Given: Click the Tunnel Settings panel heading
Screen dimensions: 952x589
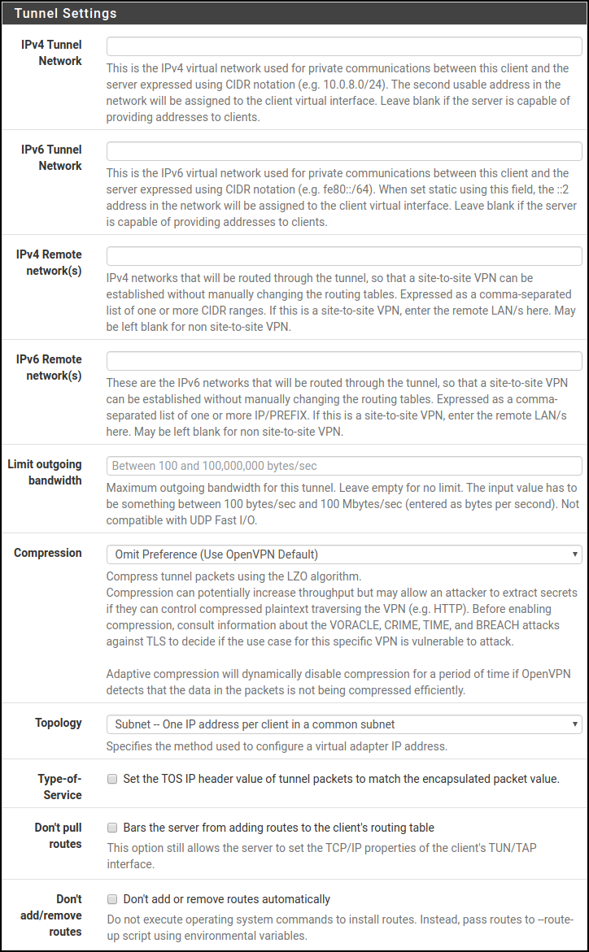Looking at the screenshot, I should pos(65,13).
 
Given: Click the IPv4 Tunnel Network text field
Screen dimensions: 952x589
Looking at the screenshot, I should pos(344,46).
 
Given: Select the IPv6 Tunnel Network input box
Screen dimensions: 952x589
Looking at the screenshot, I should pos(344,150).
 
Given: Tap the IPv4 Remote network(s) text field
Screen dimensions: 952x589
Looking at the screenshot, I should pos(344,256).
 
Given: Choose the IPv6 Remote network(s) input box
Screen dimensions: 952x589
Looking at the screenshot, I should pos(344,360).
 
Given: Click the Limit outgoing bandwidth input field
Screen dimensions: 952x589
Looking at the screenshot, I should pos(344,466).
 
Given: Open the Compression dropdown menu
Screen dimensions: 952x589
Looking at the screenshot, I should pos(344,554).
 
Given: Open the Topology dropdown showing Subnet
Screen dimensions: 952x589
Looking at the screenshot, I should pos(344,724).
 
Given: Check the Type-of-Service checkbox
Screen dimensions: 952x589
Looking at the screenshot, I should pos(112,779).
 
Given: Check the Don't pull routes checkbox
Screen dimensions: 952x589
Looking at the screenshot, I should pos(112,828).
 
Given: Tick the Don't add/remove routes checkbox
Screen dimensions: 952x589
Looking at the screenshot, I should pos(112,899).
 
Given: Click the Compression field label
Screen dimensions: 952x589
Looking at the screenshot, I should pos(48,553).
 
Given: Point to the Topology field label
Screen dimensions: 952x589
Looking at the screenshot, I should pos(59,723).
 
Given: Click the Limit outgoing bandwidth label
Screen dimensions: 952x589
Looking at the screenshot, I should pos(45,472).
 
